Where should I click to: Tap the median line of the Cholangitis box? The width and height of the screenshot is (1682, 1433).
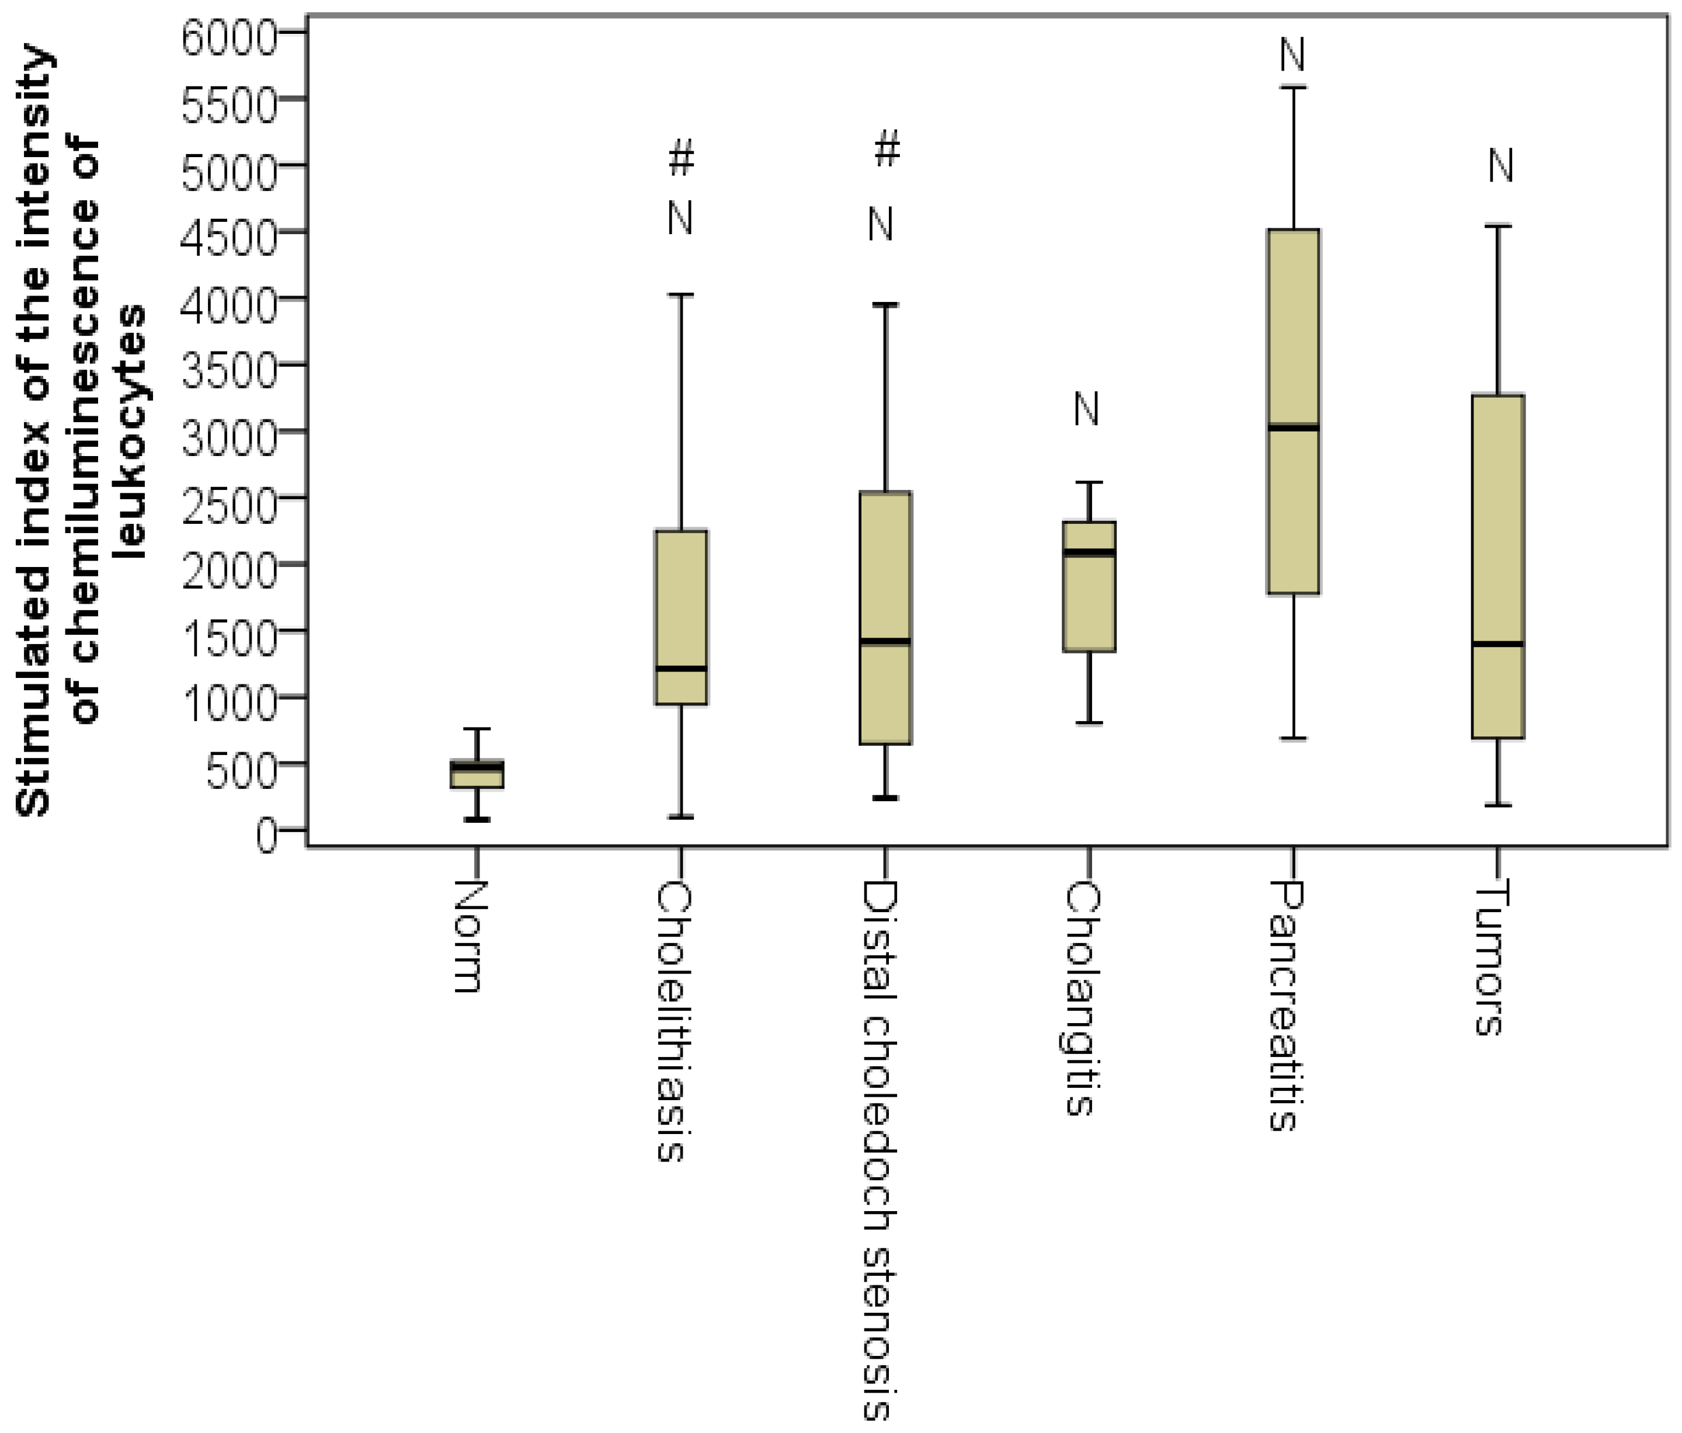pos(1089,552)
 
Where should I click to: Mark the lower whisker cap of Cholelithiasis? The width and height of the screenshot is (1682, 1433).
pos(680,816)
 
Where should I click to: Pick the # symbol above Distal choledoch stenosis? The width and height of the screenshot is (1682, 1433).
pos(887,148)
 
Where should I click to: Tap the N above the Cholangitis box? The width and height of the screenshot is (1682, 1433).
pos(1086,408)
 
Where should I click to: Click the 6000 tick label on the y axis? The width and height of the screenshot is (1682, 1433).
pos(229,37)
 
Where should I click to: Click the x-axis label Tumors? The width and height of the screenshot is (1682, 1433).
pos(1490,958)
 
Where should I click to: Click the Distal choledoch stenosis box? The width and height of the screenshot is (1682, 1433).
pos(885,617)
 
